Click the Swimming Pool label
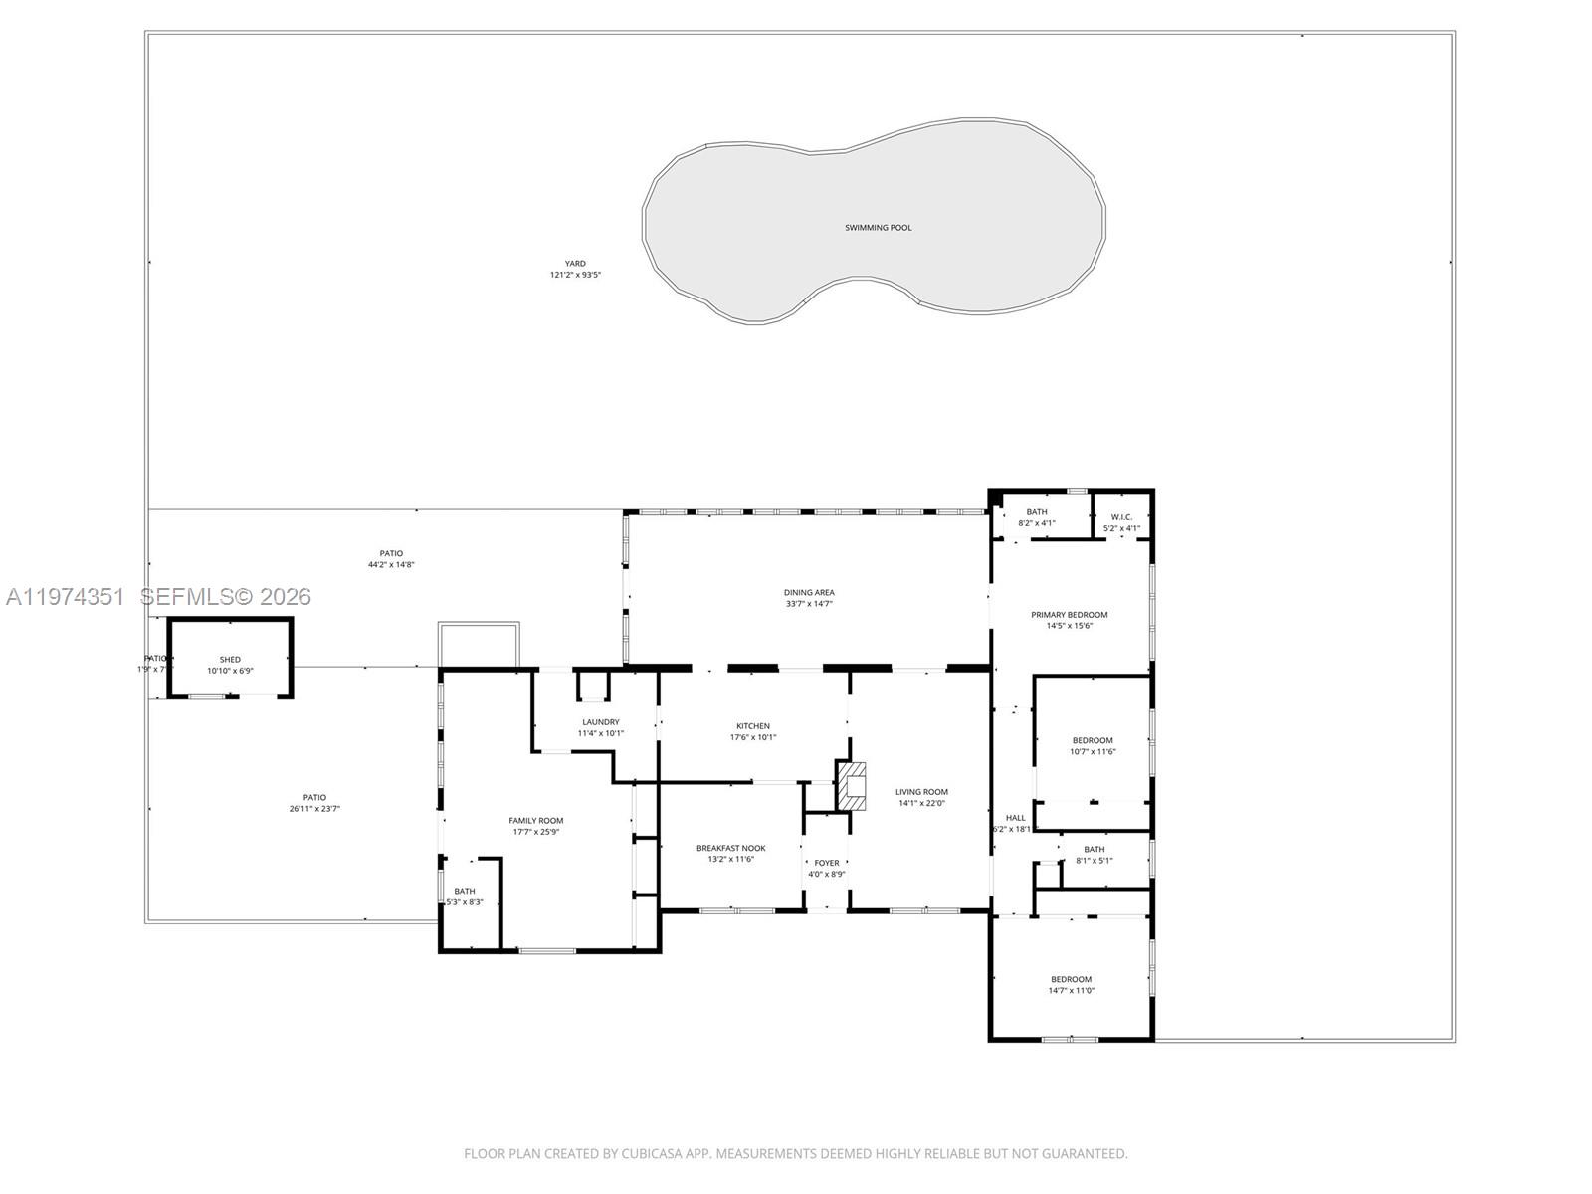[x=878, y=228]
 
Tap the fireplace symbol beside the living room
[x=851, y=786]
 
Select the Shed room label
[x=230, y=660]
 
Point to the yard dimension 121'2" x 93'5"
[x=575, y=275]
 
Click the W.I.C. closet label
[x=1121, y=517]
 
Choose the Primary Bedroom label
[x=1069, y=615]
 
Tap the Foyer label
[x=826, y=863]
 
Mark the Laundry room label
[x=600, y=722]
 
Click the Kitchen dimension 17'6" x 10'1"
[x=752, y=737]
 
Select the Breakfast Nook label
[x=730, y=848]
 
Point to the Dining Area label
[x=808, y=592]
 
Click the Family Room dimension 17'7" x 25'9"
[x=536, y=832]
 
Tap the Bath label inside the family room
[x=464, y=891]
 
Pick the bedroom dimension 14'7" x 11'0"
[x=1071, y=990]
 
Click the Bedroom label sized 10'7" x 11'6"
[x=1092, y=740]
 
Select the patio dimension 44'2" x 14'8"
[x=391, y=564]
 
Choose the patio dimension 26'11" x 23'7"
[x=314, y=808]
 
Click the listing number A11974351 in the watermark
[x=66, y=597]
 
